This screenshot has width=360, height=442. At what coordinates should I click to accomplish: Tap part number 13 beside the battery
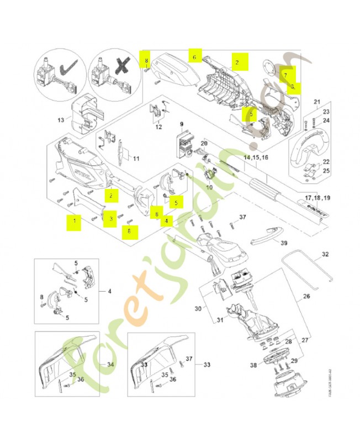coord(61,120)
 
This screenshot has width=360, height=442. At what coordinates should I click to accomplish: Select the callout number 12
coord(158,127)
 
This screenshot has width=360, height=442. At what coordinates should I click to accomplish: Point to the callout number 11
coord(136,159)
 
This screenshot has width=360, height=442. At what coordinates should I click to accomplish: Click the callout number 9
coord(182,124)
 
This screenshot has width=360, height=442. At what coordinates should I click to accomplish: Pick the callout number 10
coord(209,187)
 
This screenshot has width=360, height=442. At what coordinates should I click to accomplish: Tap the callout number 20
coord(203,144)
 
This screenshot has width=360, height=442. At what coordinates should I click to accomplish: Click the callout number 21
coord(317,102)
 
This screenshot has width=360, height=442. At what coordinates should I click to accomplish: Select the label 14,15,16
coord(256,157)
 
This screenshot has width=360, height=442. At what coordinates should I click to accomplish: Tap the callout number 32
coord(325,255)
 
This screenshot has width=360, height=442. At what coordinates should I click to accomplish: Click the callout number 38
coord(253,365)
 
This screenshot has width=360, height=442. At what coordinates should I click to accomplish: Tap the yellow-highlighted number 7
coord(285,73)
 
